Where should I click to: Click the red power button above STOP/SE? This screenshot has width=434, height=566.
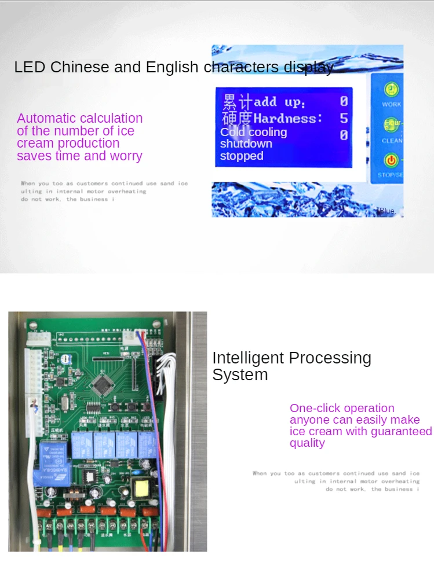pos(392,160)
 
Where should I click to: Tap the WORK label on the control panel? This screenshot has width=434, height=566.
pos(392,105)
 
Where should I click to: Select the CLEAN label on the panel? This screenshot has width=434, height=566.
pos(392,141)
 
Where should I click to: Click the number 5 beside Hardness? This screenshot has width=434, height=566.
pos(344,118)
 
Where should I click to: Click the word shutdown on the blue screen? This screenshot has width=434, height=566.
pos(246,144)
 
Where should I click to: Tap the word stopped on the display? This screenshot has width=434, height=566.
pos(242,156)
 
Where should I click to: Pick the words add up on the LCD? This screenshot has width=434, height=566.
pos(279,102)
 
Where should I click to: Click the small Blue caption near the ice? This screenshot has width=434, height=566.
pos(388,211)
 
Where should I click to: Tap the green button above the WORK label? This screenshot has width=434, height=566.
pos(392,89)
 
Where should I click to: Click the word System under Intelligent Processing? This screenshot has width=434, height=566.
pos(240,375)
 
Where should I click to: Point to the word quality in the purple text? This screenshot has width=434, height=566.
pos(307,443)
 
